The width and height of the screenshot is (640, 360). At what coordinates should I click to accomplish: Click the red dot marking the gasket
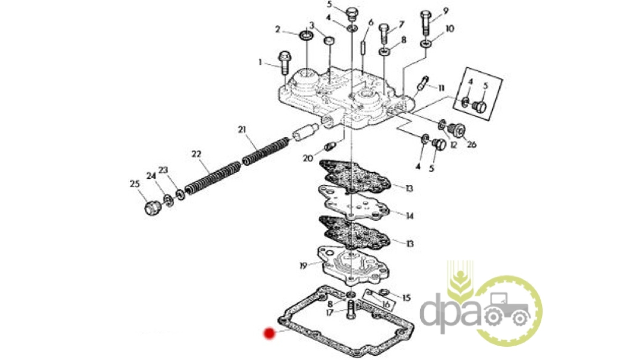(269, 333)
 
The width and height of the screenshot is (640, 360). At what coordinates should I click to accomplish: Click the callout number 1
(260, 62)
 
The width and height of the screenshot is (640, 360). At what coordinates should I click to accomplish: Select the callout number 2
(278, 30)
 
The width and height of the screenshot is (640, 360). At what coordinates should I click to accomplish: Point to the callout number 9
(446, 11)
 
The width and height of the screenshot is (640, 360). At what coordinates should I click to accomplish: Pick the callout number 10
(450, 29)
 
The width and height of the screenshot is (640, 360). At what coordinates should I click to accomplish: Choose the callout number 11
(441, 88)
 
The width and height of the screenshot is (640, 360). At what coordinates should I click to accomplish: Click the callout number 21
(242, 129)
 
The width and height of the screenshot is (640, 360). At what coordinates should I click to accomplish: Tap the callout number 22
(196, 154)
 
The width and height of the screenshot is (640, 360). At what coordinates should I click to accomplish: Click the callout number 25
(135, 184)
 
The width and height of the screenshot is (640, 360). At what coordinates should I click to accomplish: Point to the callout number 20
(308, 158)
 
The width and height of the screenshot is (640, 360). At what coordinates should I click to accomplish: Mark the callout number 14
(409, 216)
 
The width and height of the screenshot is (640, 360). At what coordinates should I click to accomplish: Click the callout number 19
(303, 266)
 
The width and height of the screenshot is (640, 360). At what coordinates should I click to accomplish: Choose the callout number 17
(329, 313)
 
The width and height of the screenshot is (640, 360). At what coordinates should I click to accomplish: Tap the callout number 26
(471, 144)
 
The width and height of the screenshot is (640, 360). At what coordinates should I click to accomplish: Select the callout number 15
(406, 298)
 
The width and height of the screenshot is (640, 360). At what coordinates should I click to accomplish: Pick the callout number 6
(371, 23)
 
